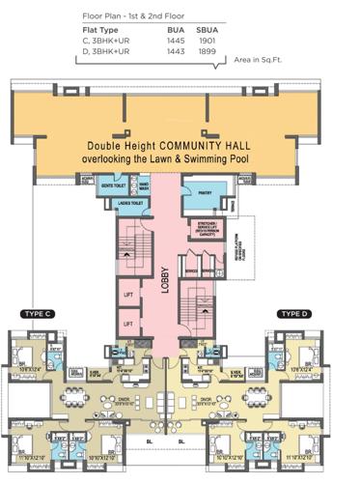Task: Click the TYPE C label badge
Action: (x=37, y=314)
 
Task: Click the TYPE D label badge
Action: (x=293, y=314)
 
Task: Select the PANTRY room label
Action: (x=206, y=192)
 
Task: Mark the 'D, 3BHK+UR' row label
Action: (x=111, y=52)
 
